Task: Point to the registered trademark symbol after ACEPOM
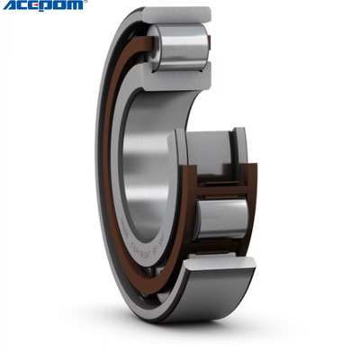(x=86, y=4)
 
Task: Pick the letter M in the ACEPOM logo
(x=76, y=6)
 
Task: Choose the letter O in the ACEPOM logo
(x=61, y=6)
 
